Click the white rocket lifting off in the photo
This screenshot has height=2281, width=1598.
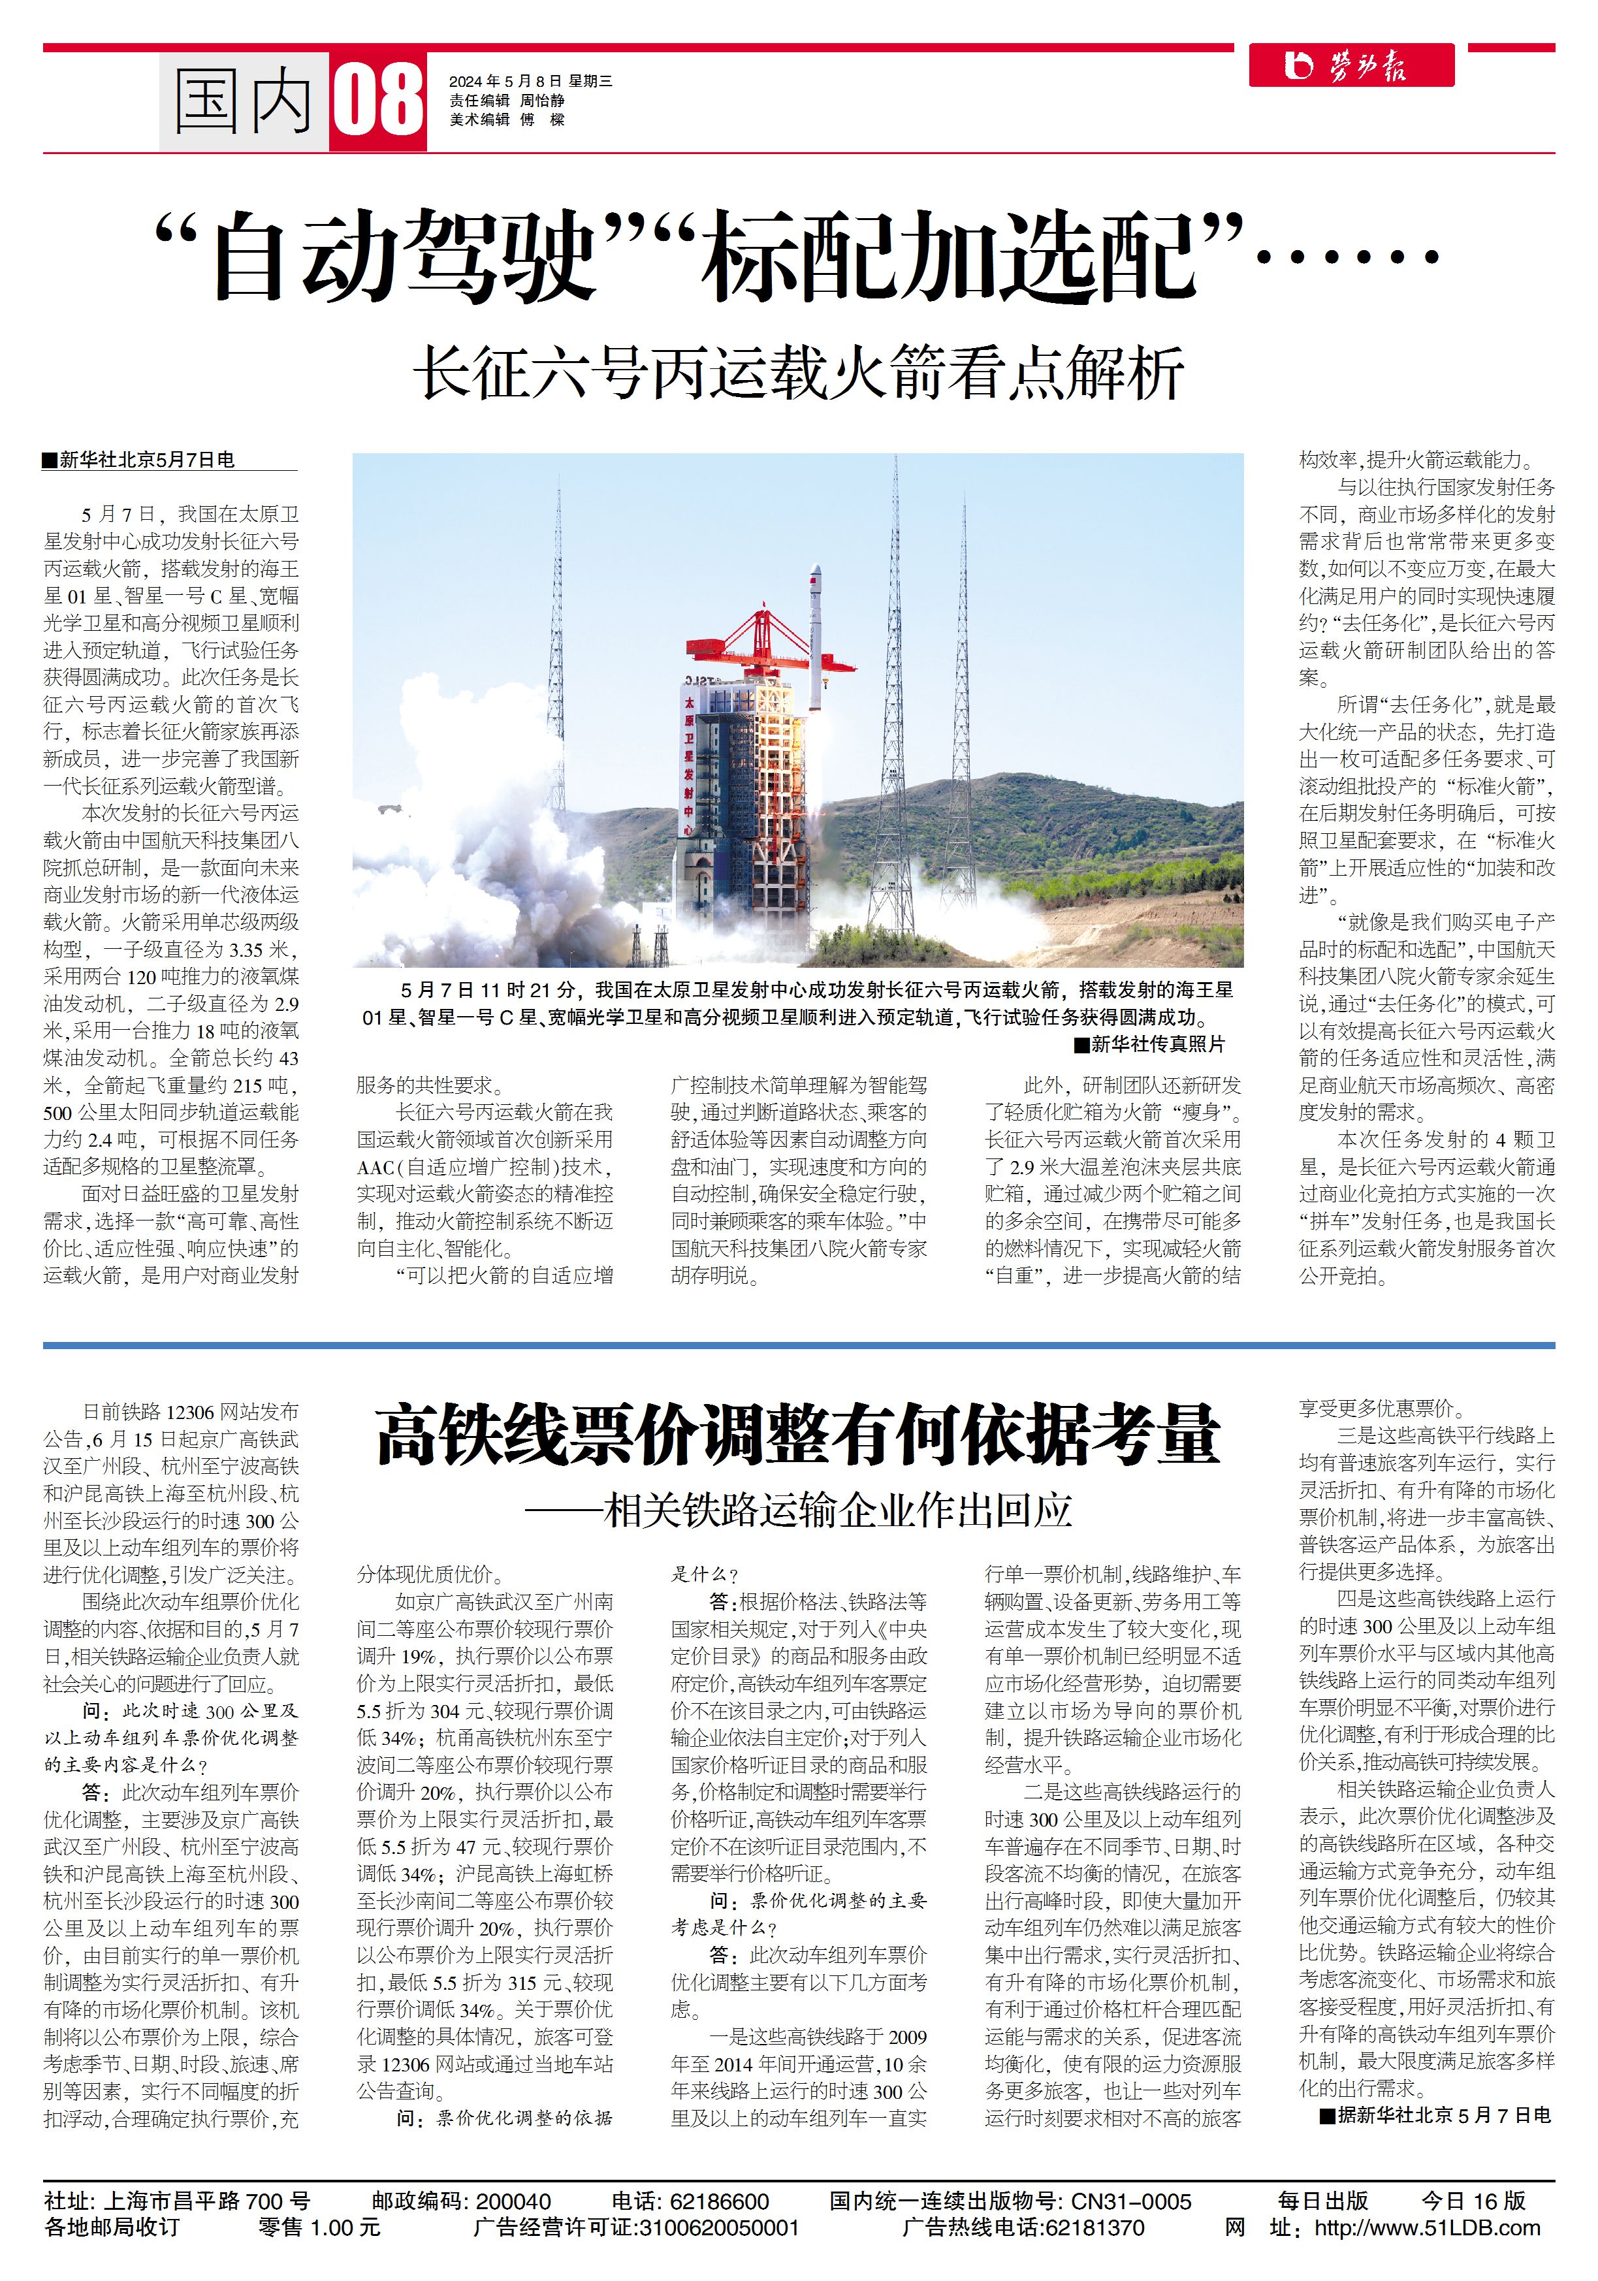[815, 636]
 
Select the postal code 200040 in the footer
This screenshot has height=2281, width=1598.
[513, 2201]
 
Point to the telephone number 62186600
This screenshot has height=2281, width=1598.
[720, 2201]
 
